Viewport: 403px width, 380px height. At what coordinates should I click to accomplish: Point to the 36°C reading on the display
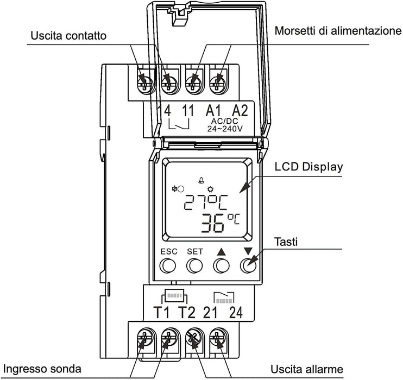220,223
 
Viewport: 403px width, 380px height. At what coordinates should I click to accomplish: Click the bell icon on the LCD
202,181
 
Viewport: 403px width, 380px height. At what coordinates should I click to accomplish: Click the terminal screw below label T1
143,341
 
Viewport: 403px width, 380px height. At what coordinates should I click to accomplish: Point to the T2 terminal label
186,313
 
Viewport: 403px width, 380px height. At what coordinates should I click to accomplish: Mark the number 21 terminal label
210,313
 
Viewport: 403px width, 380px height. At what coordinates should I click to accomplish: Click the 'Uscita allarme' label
307,370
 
